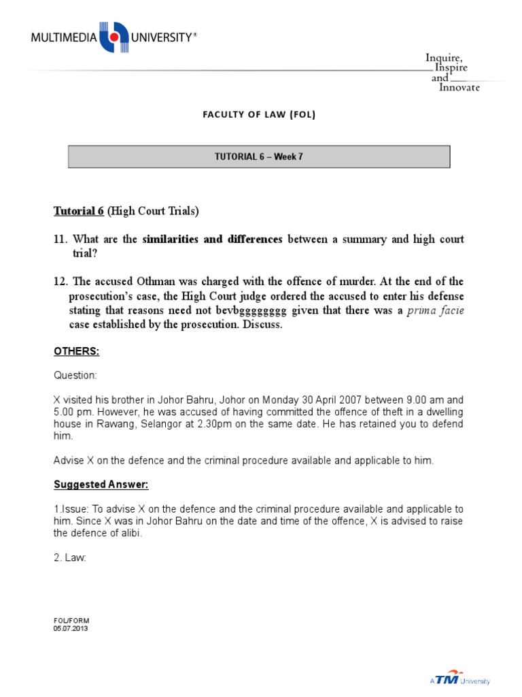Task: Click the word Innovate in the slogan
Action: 459,88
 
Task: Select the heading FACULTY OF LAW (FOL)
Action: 259,114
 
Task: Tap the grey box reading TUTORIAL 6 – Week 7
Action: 259,157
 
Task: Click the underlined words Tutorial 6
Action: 78,211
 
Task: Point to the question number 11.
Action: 60,239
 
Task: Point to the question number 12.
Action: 60,282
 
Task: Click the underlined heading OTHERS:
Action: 77,351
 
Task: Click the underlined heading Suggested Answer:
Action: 101,485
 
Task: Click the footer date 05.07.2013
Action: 71,628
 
